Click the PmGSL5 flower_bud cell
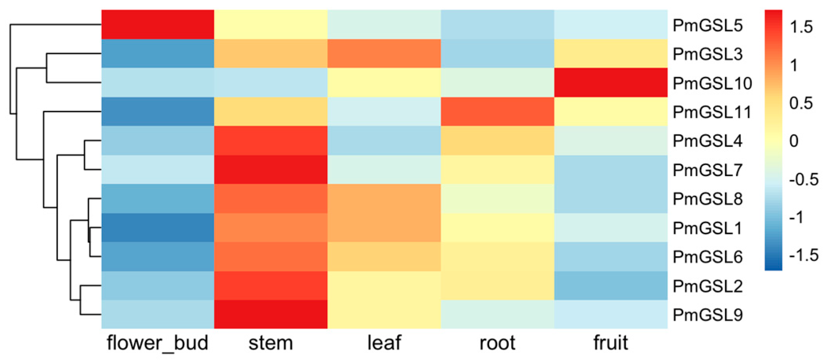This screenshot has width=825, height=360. [x=158, y=24]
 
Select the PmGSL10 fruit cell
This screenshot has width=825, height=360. [x=610, y=83]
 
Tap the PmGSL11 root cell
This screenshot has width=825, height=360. [x=497, y=112]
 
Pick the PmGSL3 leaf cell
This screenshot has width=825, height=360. [x=384, y=53]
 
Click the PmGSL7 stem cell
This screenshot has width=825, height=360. [x=271, y=169]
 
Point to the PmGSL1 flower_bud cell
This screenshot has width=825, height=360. [x=158, y=228]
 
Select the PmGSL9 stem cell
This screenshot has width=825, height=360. [x=271, y=314]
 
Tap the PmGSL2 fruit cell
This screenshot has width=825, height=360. [x=610, y=286]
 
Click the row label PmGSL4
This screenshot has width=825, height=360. [x=707, y=141]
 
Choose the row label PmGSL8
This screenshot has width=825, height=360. [x=707, y=199]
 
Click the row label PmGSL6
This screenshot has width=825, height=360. [x=707, y=257]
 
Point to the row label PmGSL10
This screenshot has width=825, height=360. [x=712, y=83]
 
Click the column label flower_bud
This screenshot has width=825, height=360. [x=158, y=343]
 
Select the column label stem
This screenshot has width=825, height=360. [x=271, y=343]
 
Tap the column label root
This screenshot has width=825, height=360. [x=497, y=343]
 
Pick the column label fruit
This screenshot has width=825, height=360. [x=610, y=343]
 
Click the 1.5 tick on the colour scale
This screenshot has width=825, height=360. [x=801, y=27]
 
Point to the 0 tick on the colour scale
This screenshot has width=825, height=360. [x=794, y=141]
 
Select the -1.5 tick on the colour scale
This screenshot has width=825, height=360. [x=803, y=255]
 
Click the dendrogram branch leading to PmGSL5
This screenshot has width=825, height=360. [x=55, y=24]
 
